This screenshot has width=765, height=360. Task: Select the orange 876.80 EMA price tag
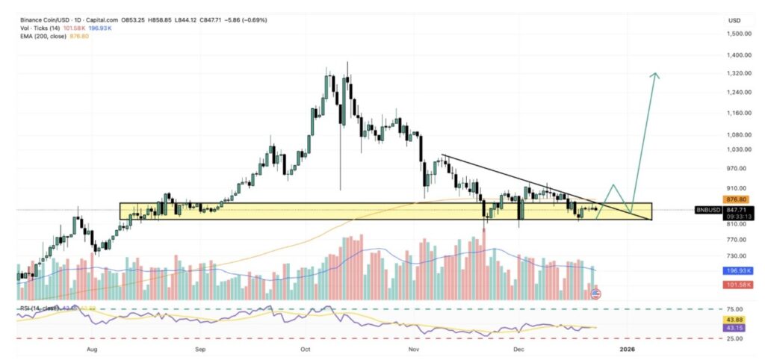tap(737, 199)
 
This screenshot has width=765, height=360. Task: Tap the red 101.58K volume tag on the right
tap(737, 285)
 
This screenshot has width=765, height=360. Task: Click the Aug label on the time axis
tap(93, 348)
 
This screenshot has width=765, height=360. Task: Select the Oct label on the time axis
tap(305, 348)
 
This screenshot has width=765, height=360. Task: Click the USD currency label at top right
tap(734, 20)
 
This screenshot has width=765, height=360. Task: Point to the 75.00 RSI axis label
tap(735, 308)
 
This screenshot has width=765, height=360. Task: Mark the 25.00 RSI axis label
tap(735, 338)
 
